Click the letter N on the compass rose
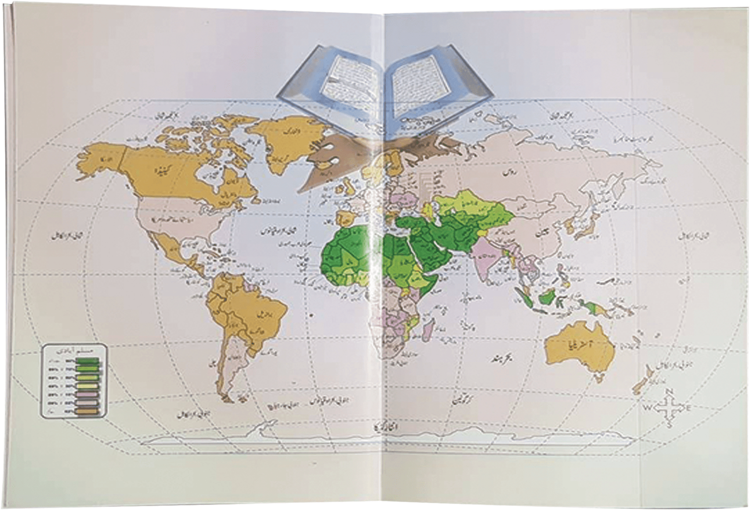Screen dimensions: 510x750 (669, 392)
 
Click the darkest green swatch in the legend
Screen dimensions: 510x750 (87, 361)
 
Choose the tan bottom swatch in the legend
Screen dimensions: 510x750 (87, 411)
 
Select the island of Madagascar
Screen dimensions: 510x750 (428, 330)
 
